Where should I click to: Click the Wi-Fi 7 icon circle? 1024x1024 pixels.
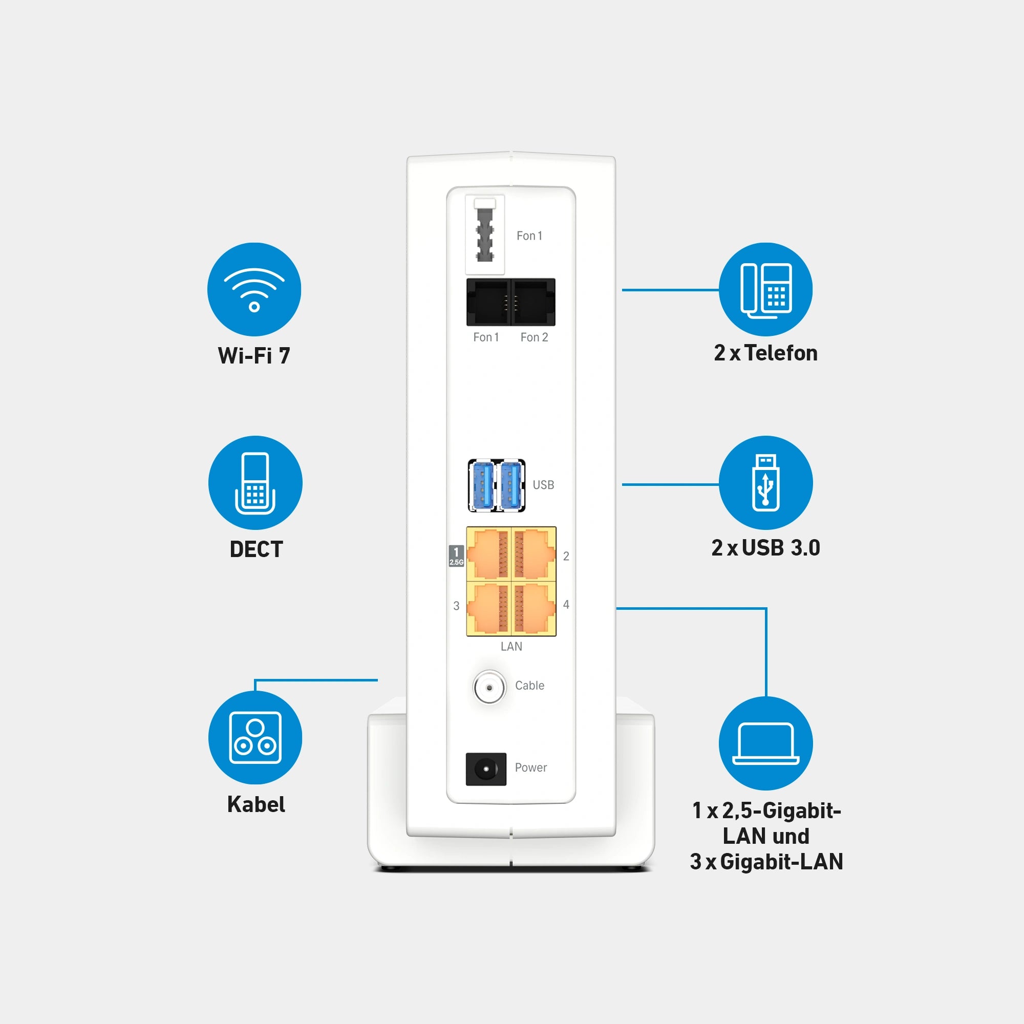coord(254,289)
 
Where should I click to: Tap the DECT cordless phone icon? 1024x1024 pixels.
coord(255,483)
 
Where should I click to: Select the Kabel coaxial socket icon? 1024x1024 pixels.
coord(255,737)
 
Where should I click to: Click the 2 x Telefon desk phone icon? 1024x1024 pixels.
coord(766,289)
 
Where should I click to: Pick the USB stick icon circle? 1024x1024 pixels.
coord(766,483)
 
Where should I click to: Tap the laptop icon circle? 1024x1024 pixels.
coord(766,743)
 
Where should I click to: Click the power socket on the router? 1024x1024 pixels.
coord(485,769)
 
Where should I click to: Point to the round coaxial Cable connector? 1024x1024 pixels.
coord(489,688)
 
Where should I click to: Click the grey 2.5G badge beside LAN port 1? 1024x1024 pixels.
coord(456,556)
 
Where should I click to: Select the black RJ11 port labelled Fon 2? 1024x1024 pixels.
coord(533,302)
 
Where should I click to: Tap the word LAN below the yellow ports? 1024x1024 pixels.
coord(511,647)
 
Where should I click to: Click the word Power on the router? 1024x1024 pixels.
coord(530,767)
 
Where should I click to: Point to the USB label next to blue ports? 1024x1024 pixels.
coord(543,485)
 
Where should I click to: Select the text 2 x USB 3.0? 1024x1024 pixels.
coord(766,548)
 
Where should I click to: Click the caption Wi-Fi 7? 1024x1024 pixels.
coord(254,356)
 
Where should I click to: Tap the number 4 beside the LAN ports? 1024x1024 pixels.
coord(566,605)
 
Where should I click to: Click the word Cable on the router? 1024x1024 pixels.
coord(529,686)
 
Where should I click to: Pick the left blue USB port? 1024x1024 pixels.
coord(482,485)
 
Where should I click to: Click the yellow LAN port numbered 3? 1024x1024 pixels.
coord(488,608)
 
